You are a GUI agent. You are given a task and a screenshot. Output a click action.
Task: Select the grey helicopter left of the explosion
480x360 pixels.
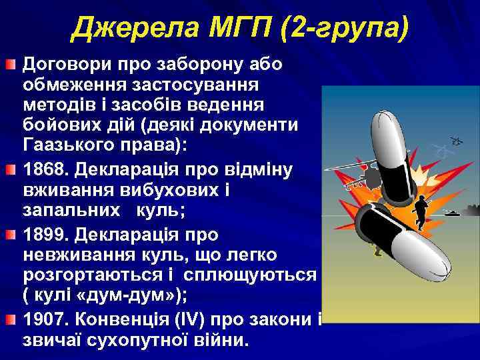tap(359, 179)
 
